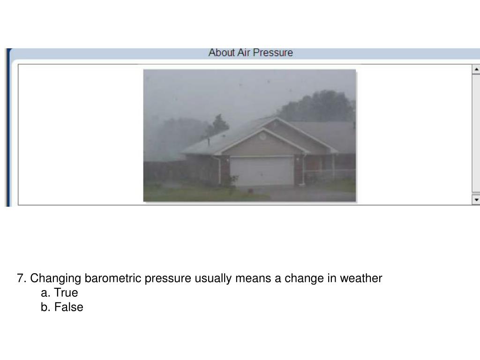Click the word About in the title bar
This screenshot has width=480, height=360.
(x=221, y=52)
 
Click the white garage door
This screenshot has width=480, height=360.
(x=262, y=171)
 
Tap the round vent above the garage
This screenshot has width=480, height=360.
(x=262, y=136)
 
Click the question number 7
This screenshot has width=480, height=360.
(x=21, y=278)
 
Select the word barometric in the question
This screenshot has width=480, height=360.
(x=113, y=278)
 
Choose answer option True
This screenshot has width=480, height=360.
(x=65, y=293)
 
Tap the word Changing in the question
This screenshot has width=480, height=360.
(x=56, y=278)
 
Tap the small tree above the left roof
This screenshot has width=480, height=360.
(x=219, y=124)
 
